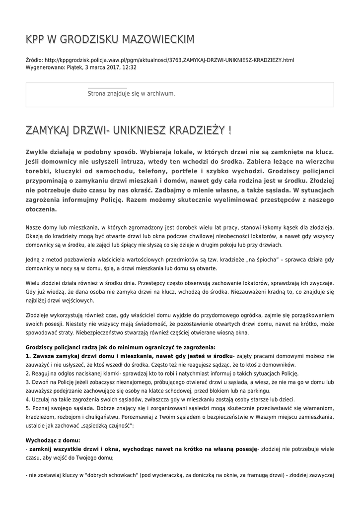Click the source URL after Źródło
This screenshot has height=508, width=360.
[169, 60]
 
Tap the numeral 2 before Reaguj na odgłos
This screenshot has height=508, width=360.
[27, 373]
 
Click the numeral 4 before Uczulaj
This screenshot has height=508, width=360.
[27, 399]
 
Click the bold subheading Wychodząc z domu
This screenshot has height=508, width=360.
[52, 440]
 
